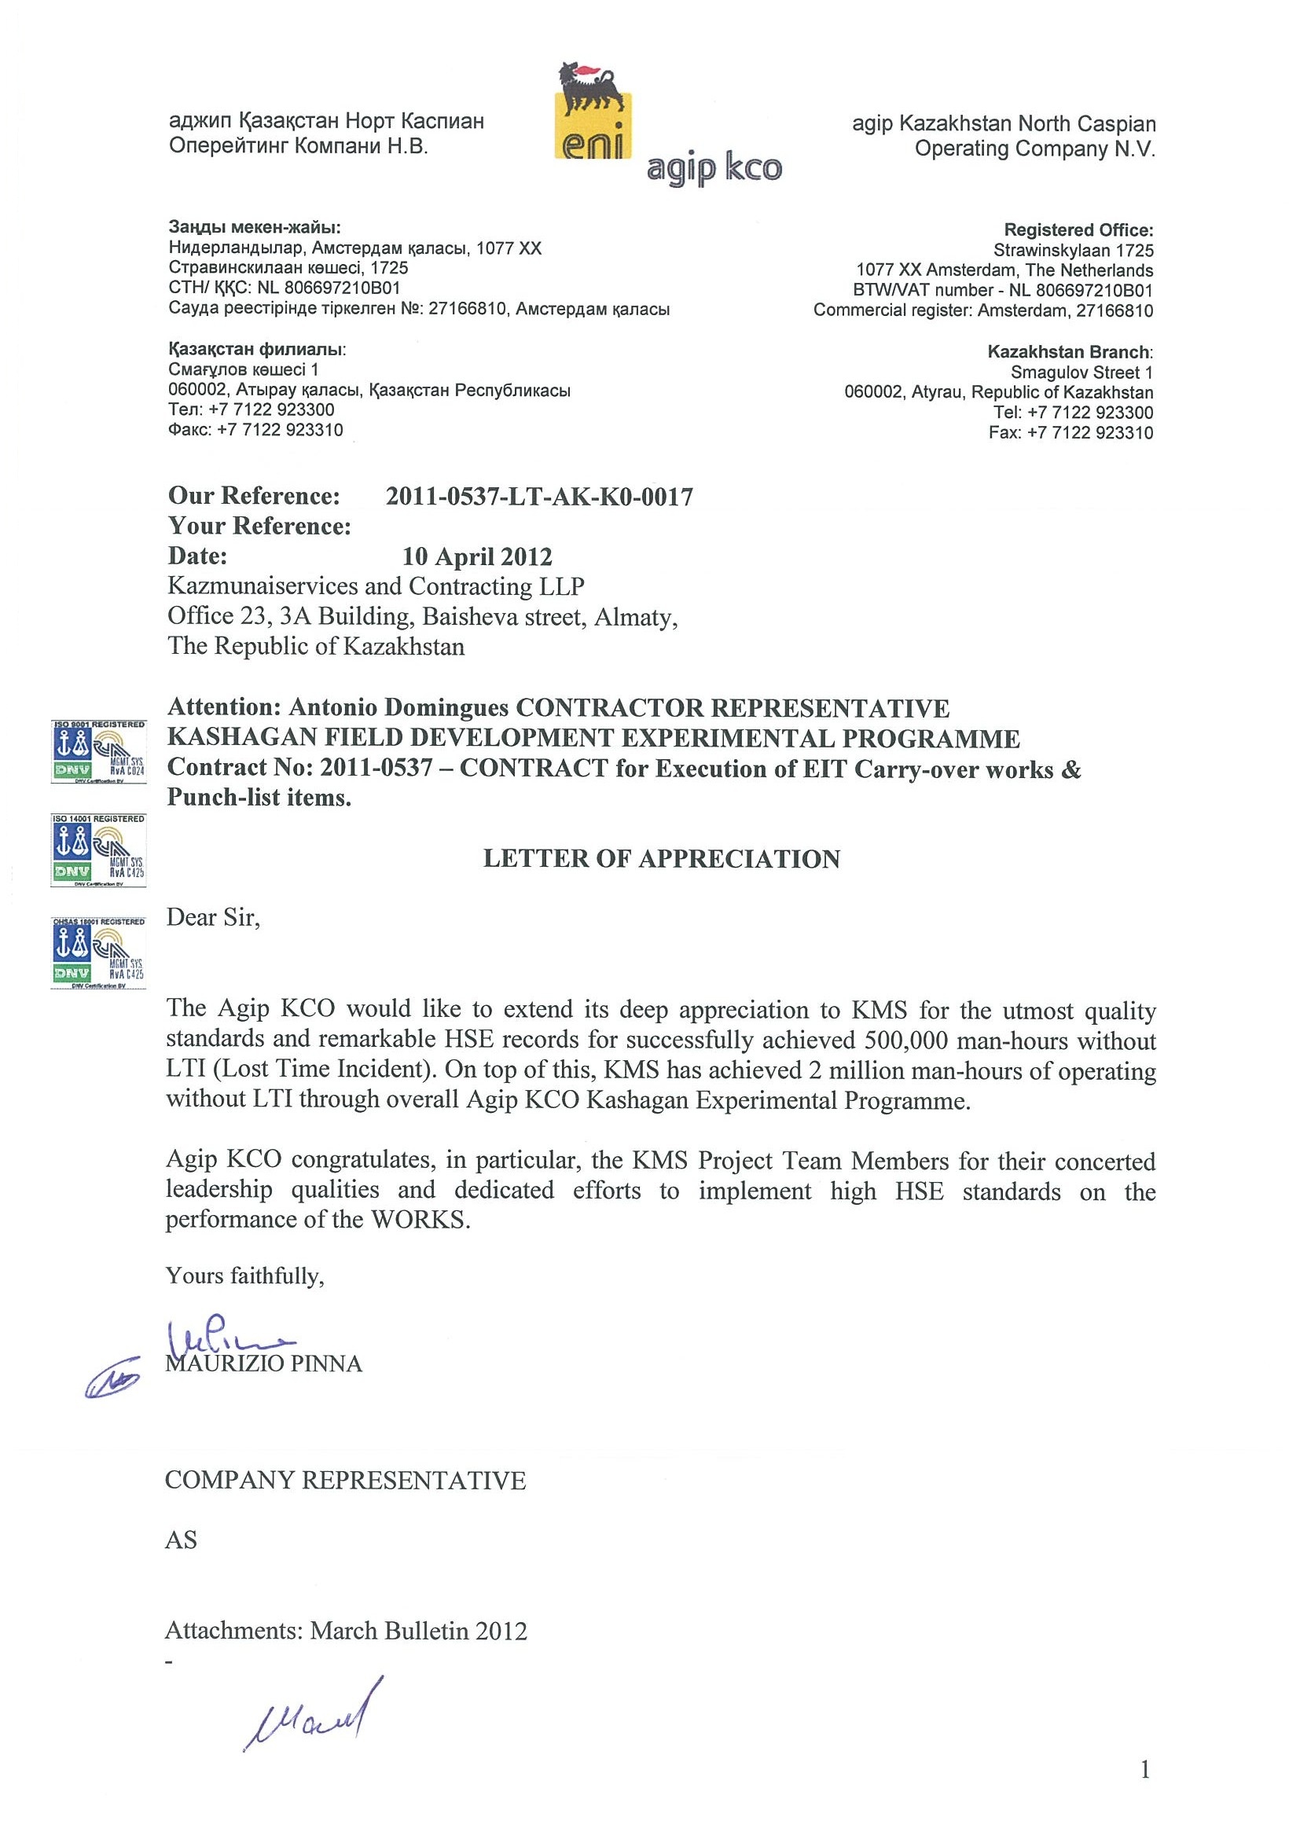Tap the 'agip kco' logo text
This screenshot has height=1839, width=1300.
(x=714, y=169)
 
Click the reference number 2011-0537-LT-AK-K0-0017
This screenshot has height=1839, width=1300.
(x=539, y=497)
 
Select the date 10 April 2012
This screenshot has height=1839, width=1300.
(x=476, y=556)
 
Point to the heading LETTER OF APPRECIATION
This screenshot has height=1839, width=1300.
(x=662, y=859)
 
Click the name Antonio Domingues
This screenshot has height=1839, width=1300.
(x=399, y=708)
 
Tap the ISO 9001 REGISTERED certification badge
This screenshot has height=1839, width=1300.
(x=97, y=751)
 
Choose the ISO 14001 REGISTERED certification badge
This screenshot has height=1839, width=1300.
(x=97, y=850)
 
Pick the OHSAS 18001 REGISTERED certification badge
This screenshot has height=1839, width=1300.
(x=97, y=953)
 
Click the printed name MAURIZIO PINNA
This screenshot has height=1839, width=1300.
(x=263, y=1364)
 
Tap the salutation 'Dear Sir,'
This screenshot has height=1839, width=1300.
(x=213, y=918)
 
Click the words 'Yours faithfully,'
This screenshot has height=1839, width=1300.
(x=244, y=1276)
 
